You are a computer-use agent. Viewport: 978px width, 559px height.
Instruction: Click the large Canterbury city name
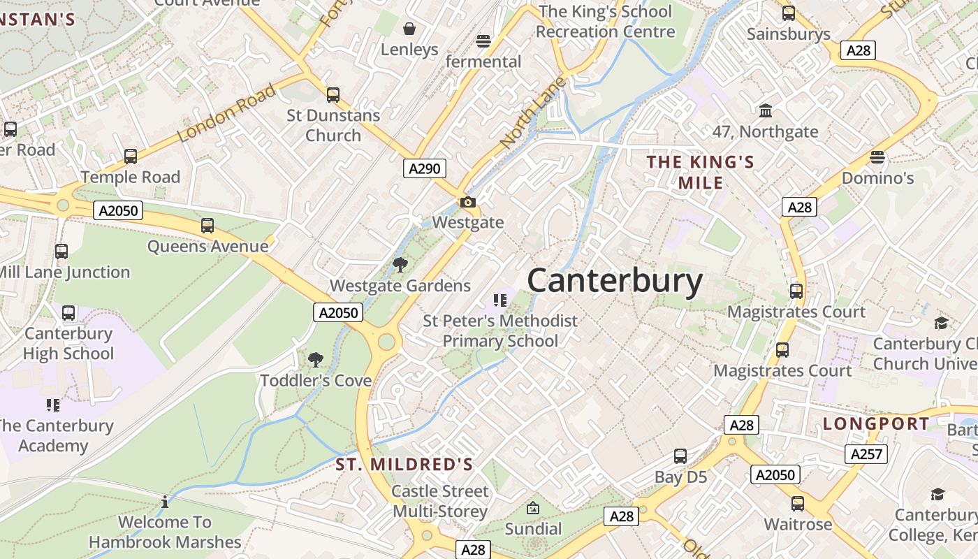(615, 281)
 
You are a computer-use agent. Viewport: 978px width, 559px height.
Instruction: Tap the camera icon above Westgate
(468, 203)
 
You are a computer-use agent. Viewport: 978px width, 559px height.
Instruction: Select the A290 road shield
(424, 168)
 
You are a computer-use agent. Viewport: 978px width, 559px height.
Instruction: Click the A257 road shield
(866, 454)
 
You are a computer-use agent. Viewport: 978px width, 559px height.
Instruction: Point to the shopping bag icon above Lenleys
(409, 29)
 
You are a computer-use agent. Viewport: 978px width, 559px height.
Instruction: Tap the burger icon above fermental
(483, 41)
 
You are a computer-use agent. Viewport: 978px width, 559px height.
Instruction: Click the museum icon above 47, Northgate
(766, 111)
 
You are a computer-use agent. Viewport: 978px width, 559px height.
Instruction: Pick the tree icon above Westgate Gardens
(400, 265)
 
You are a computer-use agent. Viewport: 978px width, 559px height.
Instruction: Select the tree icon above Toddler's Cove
(316, 360)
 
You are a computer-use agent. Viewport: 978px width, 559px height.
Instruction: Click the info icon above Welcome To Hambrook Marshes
(165, 502)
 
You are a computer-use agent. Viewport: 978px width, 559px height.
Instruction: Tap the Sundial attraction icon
(533, 508)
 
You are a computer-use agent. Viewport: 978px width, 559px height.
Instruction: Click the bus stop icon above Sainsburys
(789, 13)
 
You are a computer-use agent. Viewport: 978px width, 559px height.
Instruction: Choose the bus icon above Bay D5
(680, 457)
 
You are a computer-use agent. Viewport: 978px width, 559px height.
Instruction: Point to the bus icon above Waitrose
(798, 504)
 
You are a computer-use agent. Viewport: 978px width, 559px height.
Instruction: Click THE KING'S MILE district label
(701, 173)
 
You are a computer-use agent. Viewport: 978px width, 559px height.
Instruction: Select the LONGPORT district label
(876, 423)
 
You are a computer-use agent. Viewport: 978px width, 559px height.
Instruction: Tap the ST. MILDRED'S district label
(404, 465)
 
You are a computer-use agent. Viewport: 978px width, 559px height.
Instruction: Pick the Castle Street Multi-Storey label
(440, 501)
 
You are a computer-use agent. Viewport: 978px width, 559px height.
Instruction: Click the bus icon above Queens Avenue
(207, 226)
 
